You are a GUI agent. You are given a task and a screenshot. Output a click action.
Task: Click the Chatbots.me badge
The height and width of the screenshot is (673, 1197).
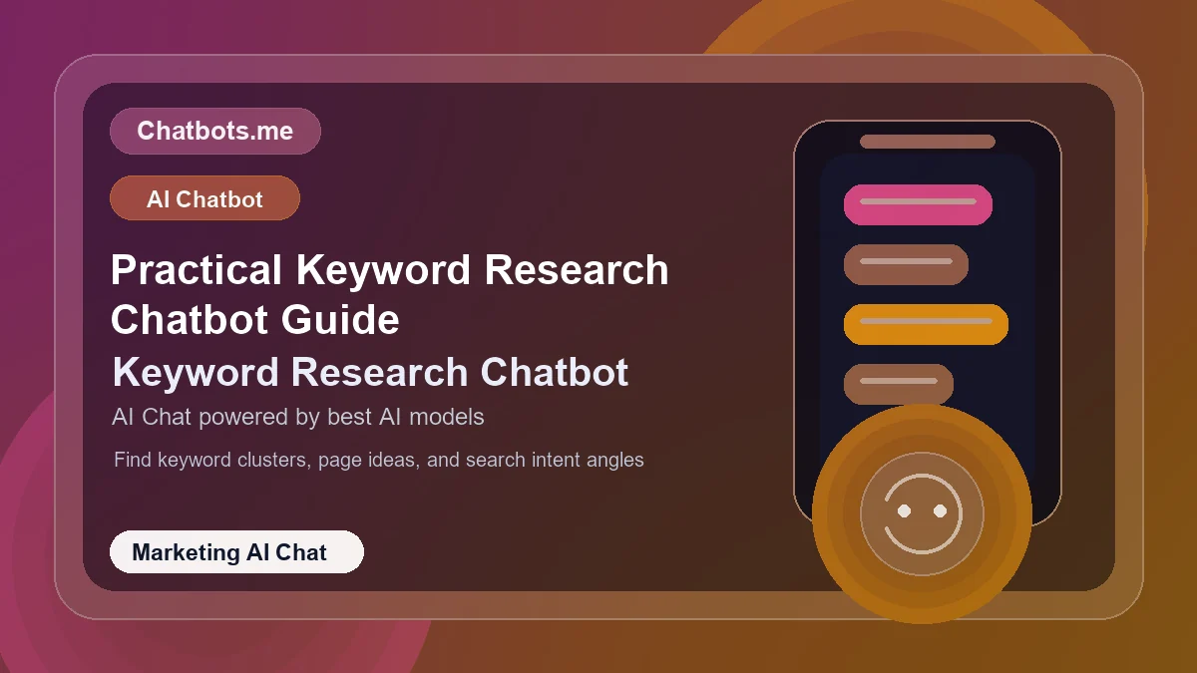tap(214, 131)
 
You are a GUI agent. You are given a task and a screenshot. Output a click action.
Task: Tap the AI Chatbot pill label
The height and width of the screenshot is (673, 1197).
tap(204, 198)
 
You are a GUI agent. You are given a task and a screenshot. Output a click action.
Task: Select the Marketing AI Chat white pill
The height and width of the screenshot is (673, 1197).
tap(236, 552)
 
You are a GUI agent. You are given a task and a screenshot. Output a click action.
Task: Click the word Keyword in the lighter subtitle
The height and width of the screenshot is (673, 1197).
tap(197, 373)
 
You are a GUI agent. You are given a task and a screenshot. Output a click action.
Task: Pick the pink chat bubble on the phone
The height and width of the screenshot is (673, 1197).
tap(918, 204)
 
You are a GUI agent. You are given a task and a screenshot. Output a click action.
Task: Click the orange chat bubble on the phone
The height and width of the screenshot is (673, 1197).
tap(926, 324)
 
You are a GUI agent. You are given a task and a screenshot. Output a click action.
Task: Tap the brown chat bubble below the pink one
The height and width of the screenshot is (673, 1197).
tap(906, 264)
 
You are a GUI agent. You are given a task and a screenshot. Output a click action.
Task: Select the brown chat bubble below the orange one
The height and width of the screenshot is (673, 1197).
tap(899, 384)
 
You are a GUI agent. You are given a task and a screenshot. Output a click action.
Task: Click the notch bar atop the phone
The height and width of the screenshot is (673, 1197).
tap(928, 142)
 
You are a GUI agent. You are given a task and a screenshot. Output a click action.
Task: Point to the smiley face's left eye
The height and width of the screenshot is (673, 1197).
tap(905, 510)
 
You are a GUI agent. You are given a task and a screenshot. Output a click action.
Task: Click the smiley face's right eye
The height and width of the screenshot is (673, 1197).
tap(940, 510)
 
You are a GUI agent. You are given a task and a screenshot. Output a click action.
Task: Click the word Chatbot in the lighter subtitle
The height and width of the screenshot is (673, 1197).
tap(555, 373)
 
